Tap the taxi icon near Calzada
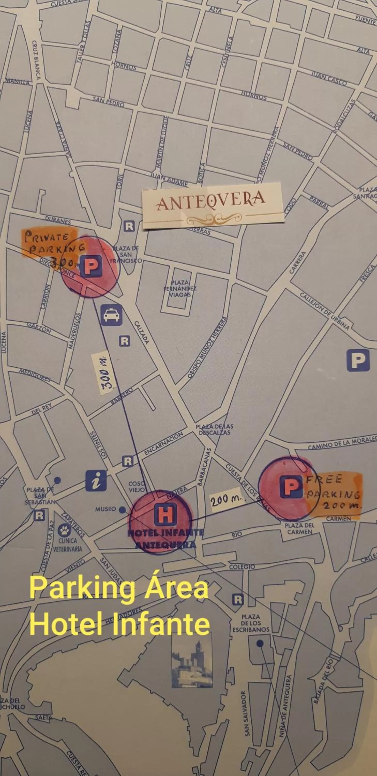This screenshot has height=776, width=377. point(111,315)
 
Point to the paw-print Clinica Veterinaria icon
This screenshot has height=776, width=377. point(64,530)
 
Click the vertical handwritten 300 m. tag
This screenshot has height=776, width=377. point(104,373)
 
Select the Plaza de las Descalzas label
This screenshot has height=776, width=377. point(214,430)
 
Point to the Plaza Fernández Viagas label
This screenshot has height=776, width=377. point(180,289)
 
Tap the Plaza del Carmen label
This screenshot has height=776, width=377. point(299,528)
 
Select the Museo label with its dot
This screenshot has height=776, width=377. point(110,509)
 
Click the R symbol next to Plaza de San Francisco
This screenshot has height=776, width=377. point(129,226)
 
